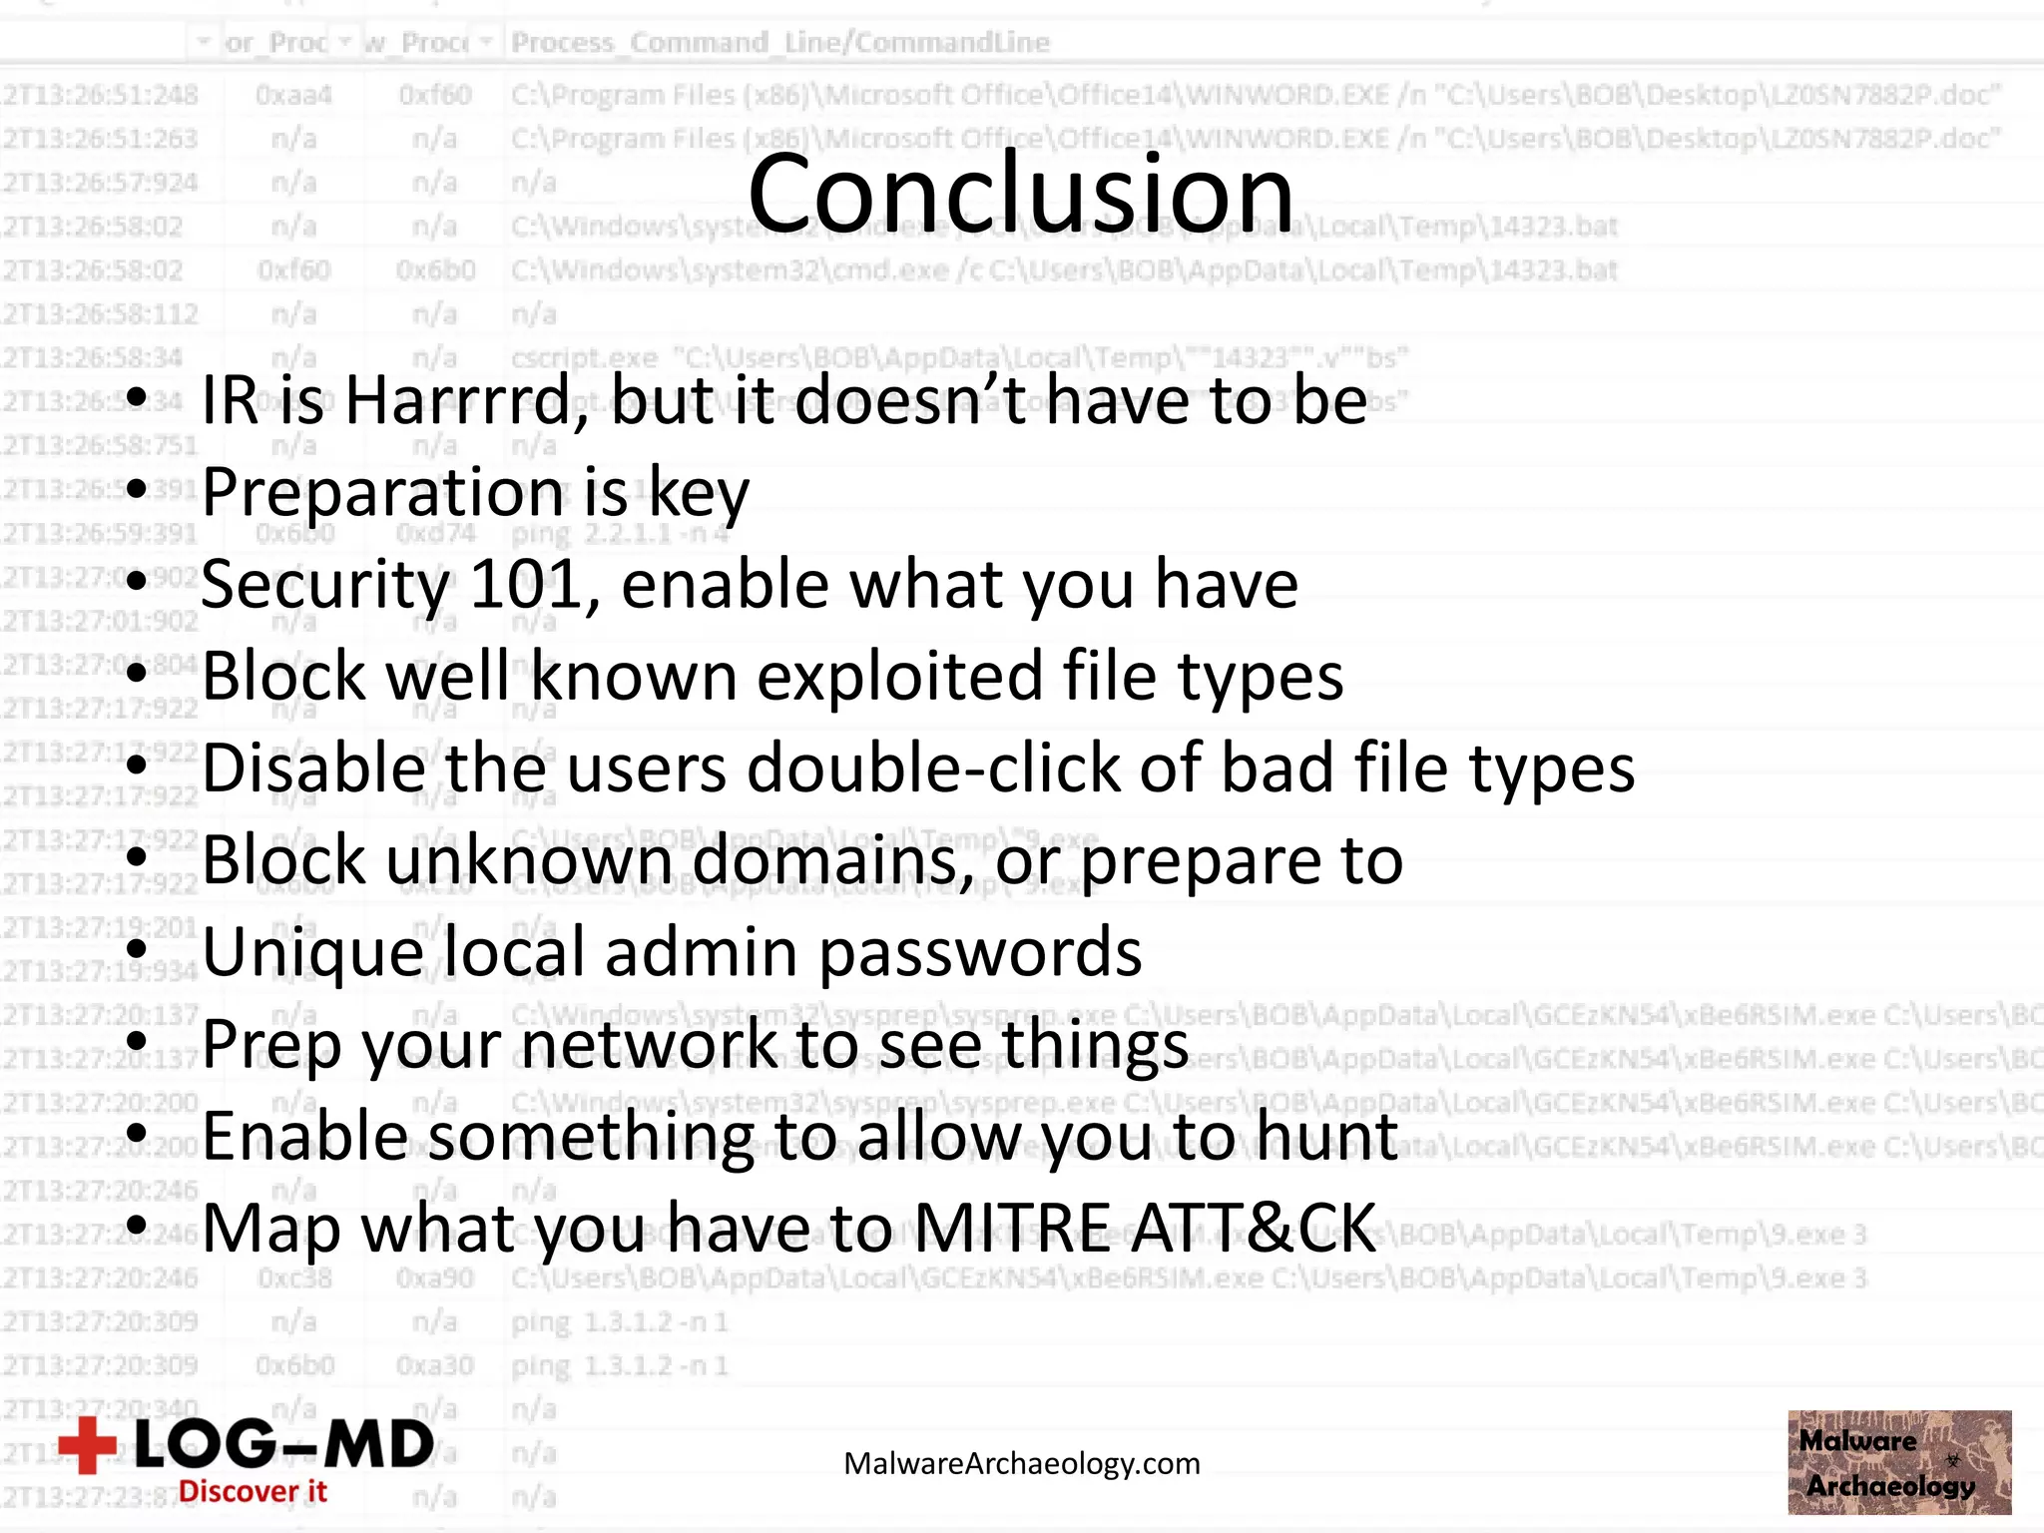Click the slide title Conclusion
1020,193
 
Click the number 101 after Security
526,585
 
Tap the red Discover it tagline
253,1492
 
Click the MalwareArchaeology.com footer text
1022,1464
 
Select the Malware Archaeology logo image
1899,1462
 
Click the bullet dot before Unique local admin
138,950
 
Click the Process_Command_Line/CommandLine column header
780,43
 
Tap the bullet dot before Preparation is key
138,490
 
